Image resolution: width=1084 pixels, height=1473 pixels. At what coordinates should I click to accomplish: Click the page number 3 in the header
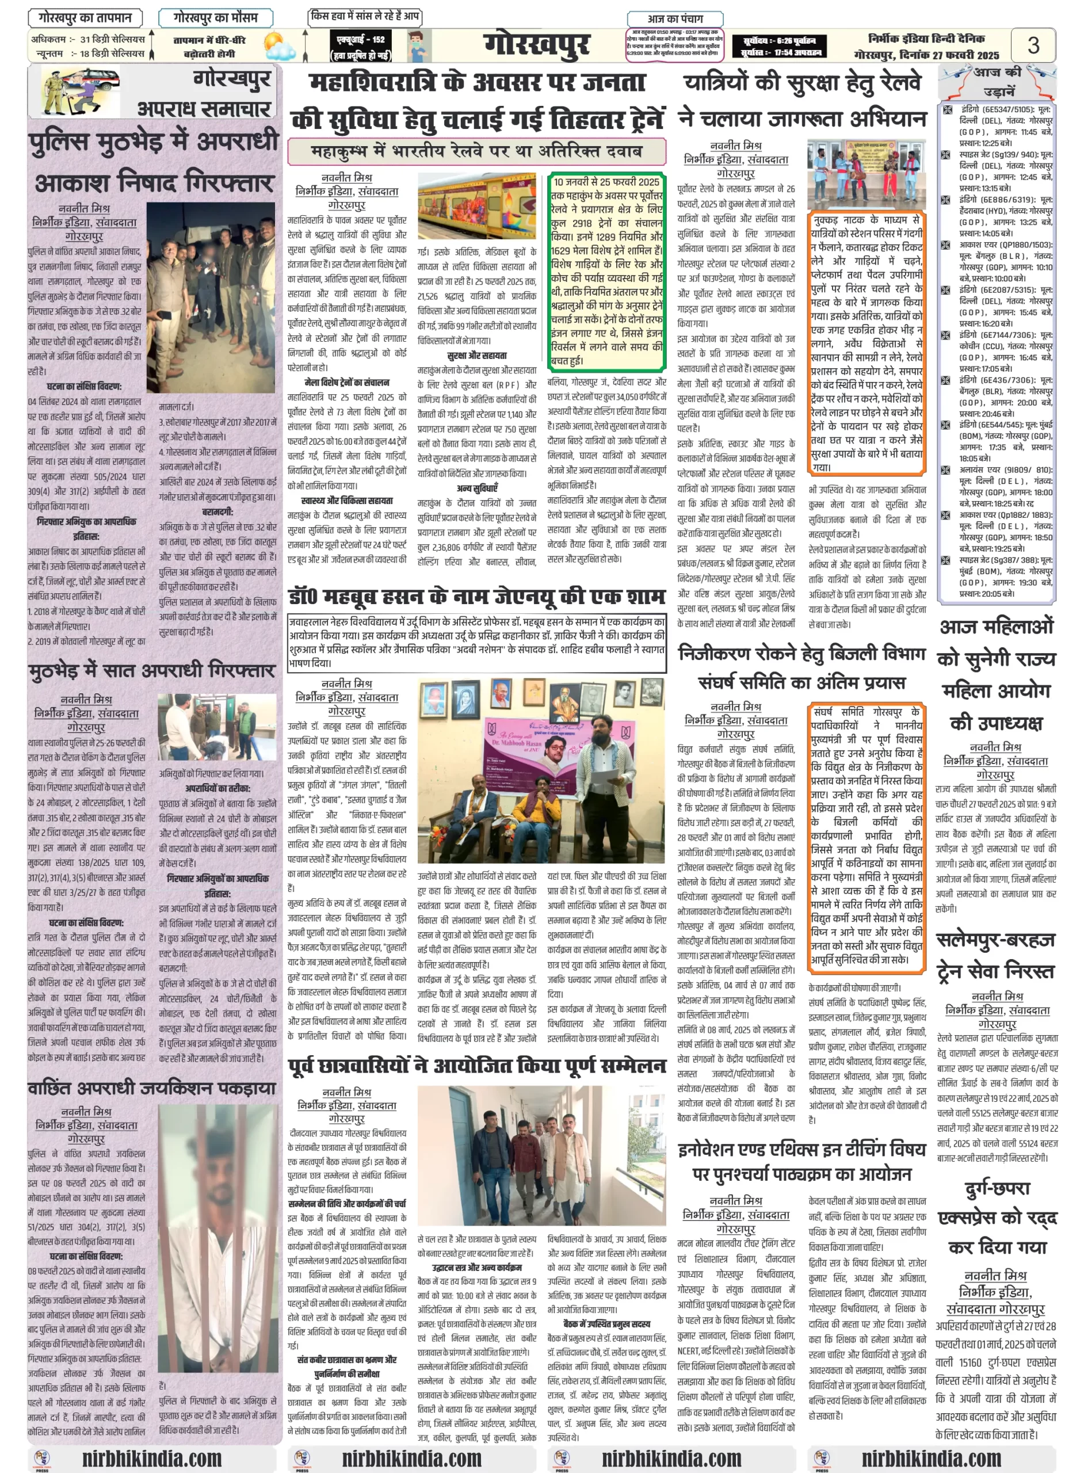[x=1033, y=45]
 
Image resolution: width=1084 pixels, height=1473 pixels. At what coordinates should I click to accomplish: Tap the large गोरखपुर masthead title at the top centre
[x=537, y=45]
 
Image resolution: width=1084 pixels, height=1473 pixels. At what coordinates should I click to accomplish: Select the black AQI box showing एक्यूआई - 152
[x=361, y=47]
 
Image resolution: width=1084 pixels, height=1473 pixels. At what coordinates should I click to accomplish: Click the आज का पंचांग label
[x=675, y=18]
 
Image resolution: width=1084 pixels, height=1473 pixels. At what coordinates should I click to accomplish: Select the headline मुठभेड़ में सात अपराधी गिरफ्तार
[x=151, y=670]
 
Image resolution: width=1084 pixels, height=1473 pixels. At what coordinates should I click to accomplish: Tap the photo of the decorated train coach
[x=476, y=206]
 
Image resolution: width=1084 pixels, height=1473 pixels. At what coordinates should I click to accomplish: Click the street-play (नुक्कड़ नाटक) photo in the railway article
[x=865, y=173]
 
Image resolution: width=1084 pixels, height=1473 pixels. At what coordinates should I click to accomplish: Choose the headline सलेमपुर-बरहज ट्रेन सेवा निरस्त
[x=995, y=955]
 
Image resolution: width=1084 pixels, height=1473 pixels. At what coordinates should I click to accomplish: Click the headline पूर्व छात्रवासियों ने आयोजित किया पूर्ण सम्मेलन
[x=477, y=1065]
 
